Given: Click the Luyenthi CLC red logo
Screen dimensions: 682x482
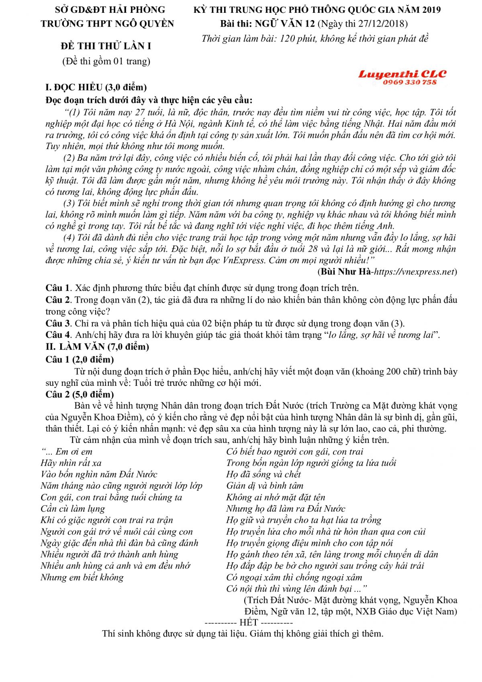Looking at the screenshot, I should [402, 74].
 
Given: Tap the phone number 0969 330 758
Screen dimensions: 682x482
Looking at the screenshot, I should [409, 82].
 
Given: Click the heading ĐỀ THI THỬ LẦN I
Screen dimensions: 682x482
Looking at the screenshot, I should [106, 46].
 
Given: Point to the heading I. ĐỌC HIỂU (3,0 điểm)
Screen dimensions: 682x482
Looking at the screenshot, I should [96, 87].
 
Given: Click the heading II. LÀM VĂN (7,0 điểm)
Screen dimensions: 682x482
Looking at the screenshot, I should [97, 346].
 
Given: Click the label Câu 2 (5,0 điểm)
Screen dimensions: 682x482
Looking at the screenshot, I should [80, 394].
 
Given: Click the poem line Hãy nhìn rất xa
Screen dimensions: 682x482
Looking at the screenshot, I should [71, 463].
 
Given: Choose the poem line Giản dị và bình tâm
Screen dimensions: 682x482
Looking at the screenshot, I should [265, 485].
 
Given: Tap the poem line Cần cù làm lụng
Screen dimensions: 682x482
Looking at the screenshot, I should [73, 508].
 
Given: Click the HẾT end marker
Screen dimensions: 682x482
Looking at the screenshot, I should [249, 623].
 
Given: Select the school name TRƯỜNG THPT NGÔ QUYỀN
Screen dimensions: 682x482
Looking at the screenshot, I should [107, 24].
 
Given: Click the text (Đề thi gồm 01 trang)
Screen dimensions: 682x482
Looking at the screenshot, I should [106, 61].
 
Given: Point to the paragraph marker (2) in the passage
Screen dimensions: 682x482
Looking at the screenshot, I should [69, 158].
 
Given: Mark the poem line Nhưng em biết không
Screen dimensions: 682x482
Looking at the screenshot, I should [82, 578].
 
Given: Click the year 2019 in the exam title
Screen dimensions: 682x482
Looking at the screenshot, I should [428, 10].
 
